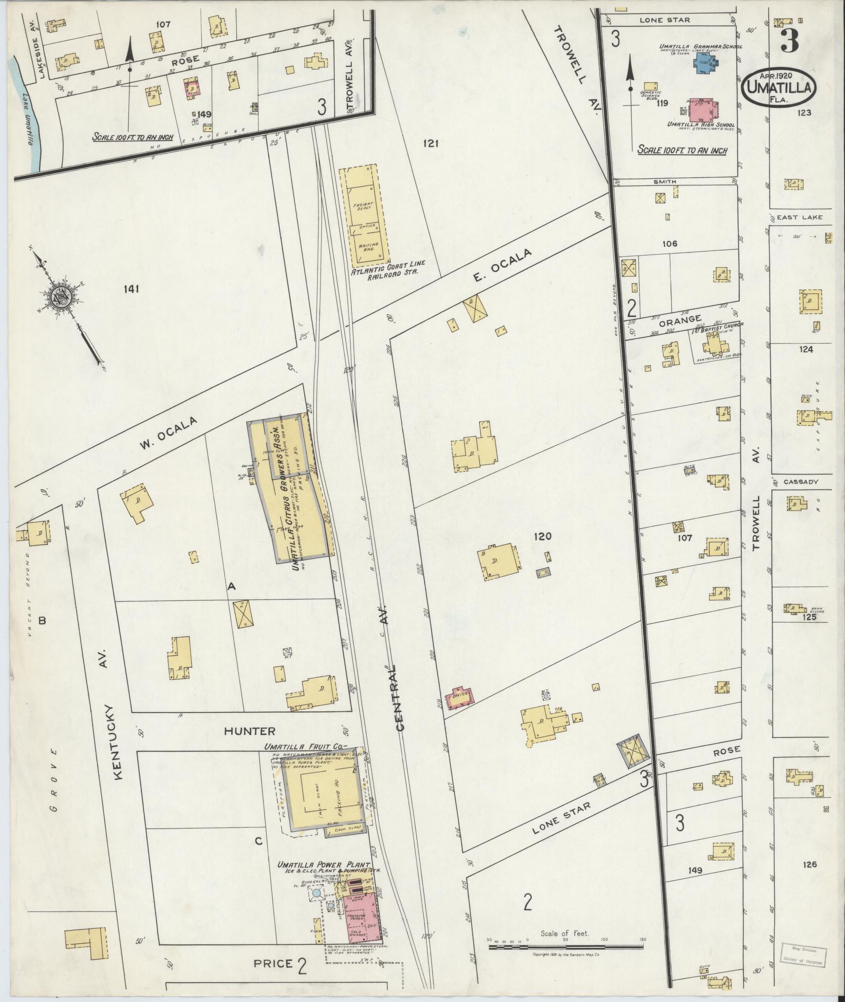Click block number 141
[x=132, y=289]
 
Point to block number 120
[x=543, y=536]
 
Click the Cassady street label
[x=800, y=482]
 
